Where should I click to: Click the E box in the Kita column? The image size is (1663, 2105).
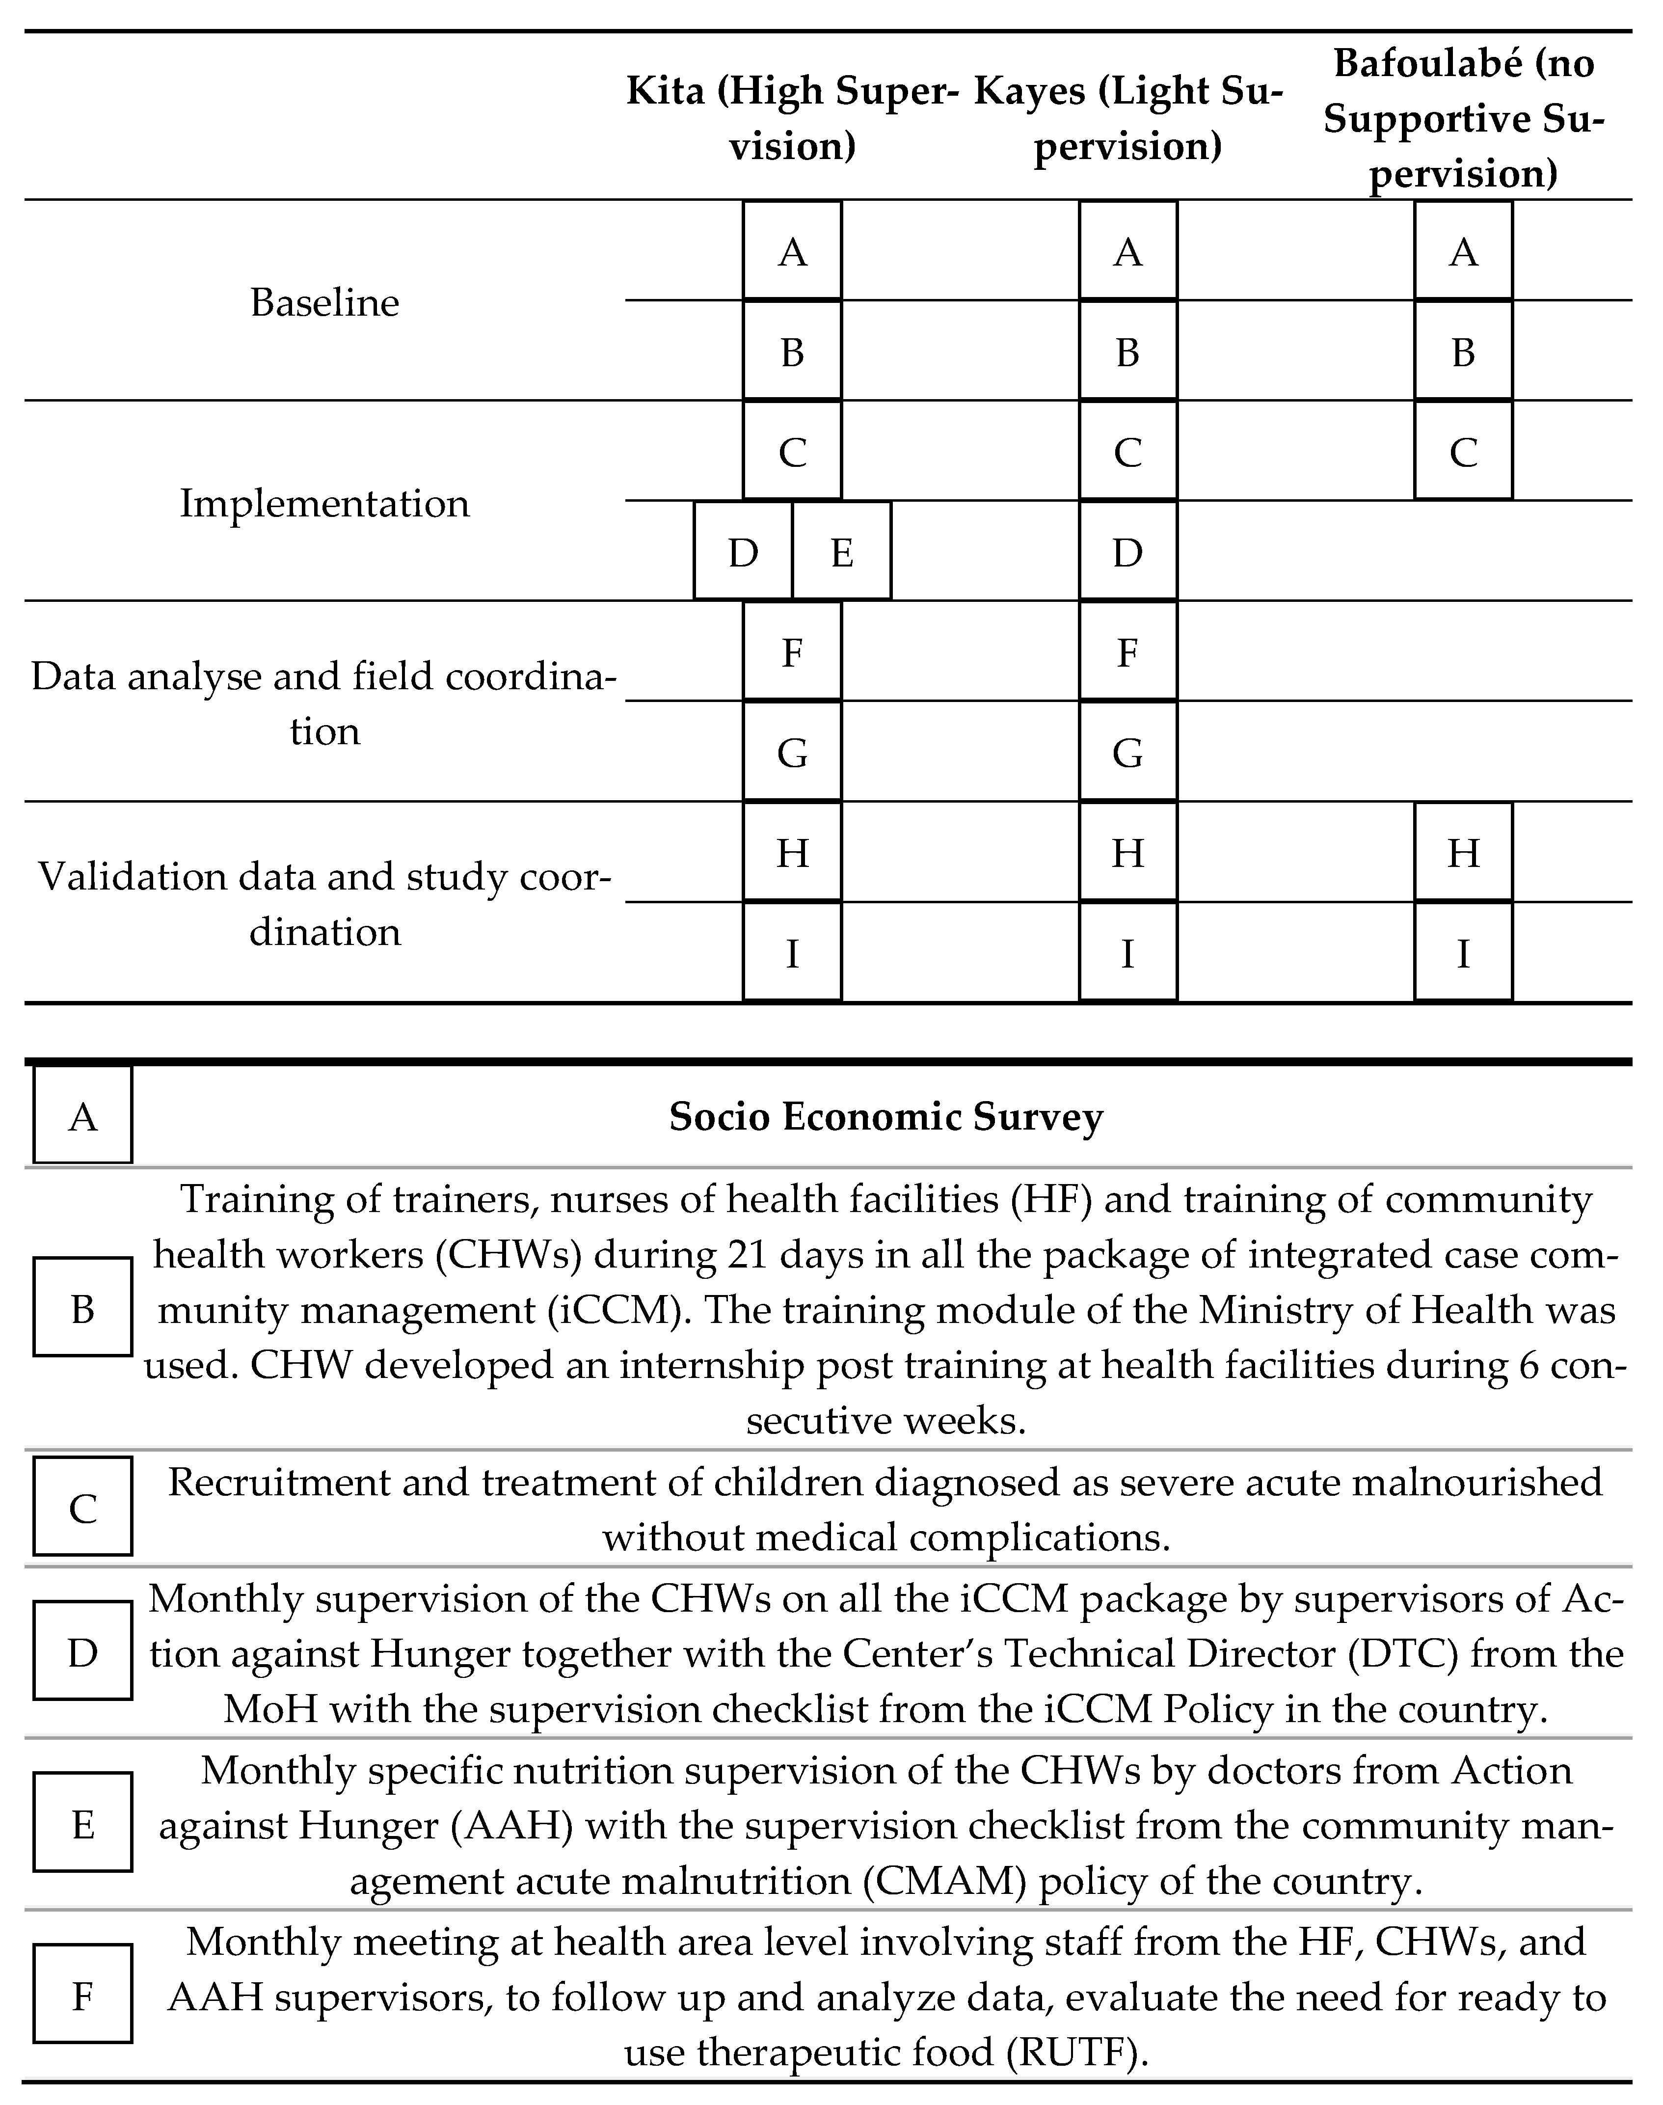pyautogui.click(x=842, y=552)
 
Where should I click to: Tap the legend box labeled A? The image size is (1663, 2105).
pyautogui.click(x=83, y=1116)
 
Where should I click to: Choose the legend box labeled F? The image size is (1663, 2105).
pyautogui.click(x=83, y=1997)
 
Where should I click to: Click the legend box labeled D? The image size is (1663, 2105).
pyautogui.click(x=83, y=1652)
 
